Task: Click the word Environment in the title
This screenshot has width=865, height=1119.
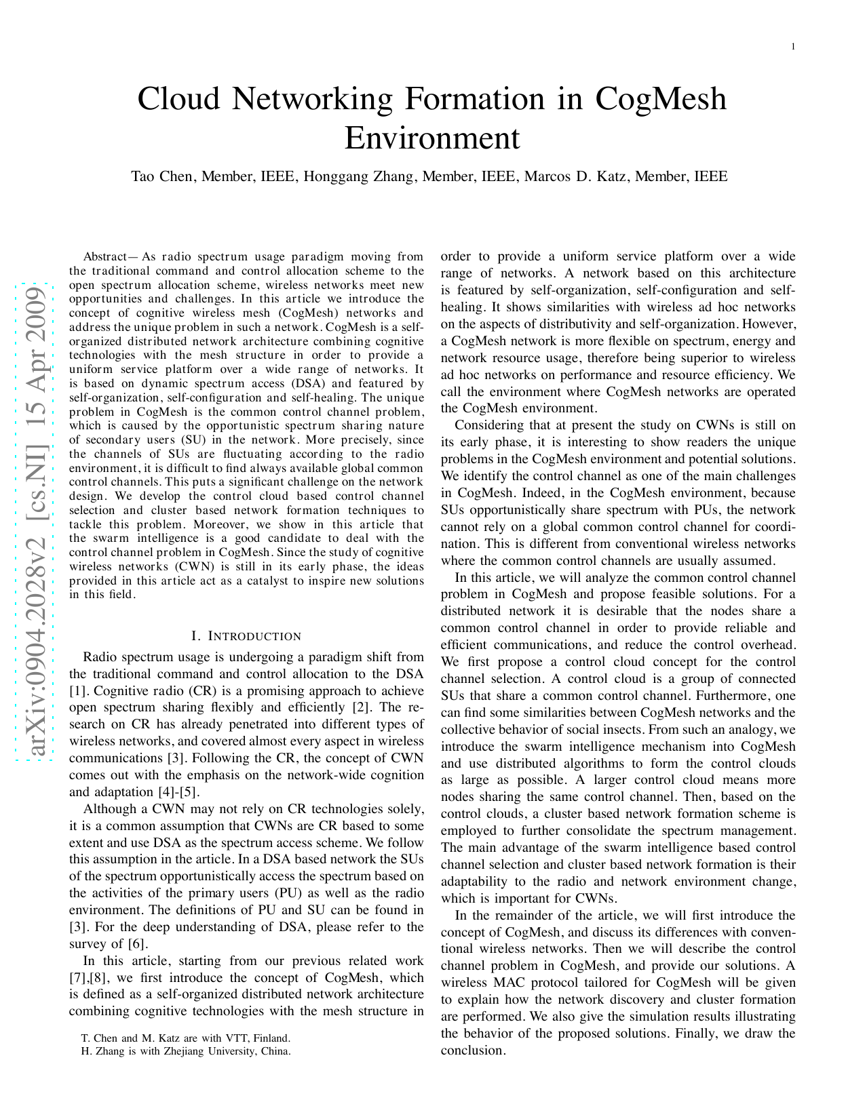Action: click(x=432, y=138)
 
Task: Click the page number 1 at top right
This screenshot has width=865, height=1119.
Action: click(x=792, y=46)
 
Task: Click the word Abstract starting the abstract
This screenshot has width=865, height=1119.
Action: click(x=104, y=257)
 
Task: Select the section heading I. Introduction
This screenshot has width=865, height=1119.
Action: click(x=246, y=636)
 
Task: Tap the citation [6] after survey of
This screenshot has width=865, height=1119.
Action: click(x=136, y=944)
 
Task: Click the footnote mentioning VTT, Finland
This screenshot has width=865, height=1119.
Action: click(x=185, y=1038)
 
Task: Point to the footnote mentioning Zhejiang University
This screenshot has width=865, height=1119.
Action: click(x=185, y=1051)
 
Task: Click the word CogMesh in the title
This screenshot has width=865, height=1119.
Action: click(x=661, y=99)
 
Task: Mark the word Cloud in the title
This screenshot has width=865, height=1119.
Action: click(x=179, y=99)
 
